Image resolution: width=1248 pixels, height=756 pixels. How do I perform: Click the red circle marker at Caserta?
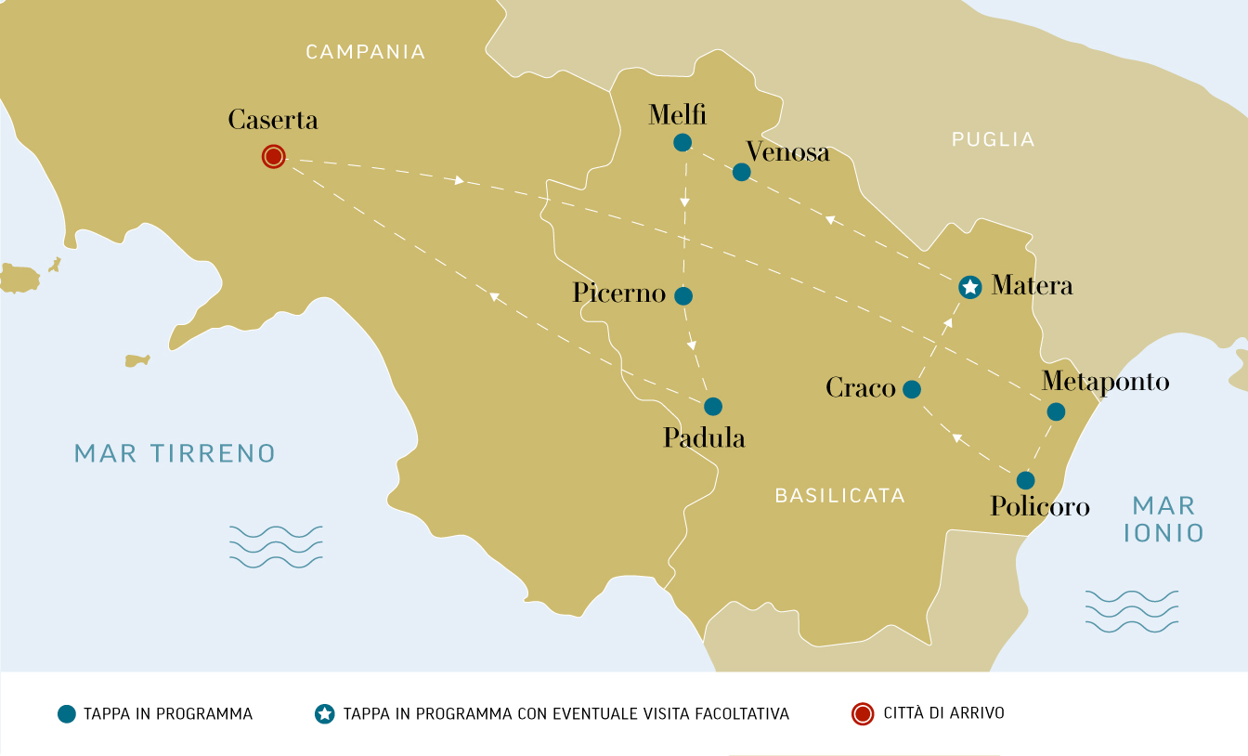[x=273, y=157]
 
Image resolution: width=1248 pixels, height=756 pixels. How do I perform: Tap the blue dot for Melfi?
[x=682, y=142]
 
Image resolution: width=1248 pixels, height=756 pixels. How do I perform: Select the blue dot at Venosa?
[x=741, y=172]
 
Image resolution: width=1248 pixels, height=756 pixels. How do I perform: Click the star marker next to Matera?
[x=969, y=287]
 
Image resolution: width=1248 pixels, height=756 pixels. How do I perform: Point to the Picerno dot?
[x=683, y=296]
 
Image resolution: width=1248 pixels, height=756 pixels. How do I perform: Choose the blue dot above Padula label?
[x=713, y=406]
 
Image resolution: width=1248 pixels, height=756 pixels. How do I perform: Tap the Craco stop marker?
[x=912, y=389]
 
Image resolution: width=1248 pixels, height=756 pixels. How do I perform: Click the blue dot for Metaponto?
[x=1056, y=411]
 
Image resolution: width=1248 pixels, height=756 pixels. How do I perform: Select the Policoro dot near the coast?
[x=1025, y=480]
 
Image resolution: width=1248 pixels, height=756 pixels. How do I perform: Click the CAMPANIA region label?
[x=366, y=52]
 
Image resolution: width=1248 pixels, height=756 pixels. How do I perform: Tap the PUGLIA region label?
[x=993, y=140]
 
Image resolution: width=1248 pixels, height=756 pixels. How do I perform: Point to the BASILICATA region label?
[x=839, y=496]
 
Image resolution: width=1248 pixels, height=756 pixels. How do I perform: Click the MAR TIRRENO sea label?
[x=175, y=453]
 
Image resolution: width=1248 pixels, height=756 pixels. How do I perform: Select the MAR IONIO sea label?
[x=1163, y=519]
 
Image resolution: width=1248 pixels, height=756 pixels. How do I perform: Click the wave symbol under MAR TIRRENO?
[x=276, y=546]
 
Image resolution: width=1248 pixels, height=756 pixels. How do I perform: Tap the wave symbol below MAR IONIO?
[x=1131, y=611]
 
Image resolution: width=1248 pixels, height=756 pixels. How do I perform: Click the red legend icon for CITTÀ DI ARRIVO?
[x=863, y=714]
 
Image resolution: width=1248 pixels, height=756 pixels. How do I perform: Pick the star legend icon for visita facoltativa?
[x=324, y=714]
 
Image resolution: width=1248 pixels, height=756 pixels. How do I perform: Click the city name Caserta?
[x=273, y=120]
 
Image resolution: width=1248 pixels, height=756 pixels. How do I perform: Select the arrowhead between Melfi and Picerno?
[x=685, y=201]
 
